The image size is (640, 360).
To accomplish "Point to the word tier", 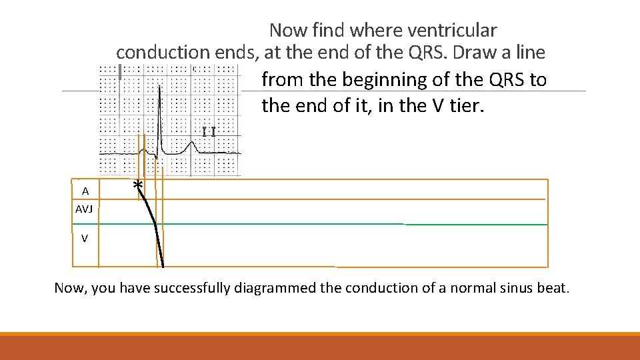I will pyautogui.click(x=464, y=105).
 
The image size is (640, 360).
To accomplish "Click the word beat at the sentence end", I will pyautogui.click(x=553, y=288).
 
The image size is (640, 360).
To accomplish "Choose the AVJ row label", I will pyautogui.click(x=85, y=209).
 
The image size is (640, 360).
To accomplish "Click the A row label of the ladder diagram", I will pyautogui.click(x=85, y=191).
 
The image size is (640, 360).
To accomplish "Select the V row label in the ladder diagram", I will pyautogui.click(x=85, y=238).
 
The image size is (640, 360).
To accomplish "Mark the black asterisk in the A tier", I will pyautogui.click(x=137, y=185).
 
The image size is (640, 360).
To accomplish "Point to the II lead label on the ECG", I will pyautogui.click(x=209, y=131).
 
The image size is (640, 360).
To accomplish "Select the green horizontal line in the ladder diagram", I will pyautogui.click(x=333, y=225).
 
